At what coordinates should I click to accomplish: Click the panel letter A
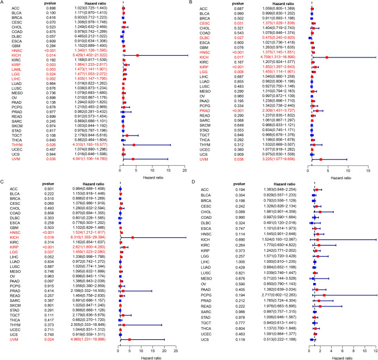3,3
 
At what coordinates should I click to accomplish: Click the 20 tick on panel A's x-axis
184,168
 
